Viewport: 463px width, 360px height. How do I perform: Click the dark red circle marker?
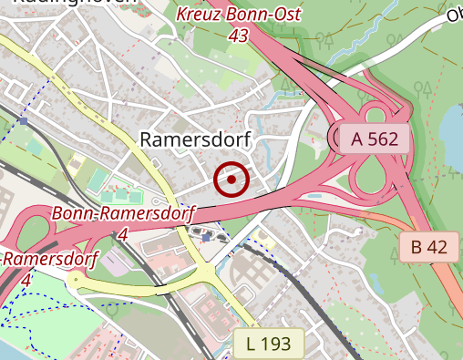point(232,180)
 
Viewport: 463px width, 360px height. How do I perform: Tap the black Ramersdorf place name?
point(195,139)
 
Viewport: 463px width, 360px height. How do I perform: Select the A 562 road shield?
point(376,139)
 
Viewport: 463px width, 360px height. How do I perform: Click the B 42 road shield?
point(428,246)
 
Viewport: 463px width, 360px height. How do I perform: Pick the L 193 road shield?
point(274,344)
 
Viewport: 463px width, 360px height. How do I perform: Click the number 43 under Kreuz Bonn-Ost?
point(239,35)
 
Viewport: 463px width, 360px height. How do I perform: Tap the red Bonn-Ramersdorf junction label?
point(124,214)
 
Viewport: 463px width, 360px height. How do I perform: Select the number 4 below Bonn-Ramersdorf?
point(123,234)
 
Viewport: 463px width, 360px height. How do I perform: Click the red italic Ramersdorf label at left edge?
point(50,260)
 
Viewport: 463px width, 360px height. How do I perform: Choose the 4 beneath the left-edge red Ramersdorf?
point(26,280)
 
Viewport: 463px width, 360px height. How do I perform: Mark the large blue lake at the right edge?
point(453,123)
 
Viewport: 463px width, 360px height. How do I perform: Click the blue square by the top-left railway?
point(23,120)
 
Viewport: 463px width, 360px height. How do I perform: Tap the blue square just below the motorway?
point(208,237)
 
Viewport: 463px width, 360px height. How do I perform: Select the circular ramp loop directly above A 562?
point(375,114)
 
